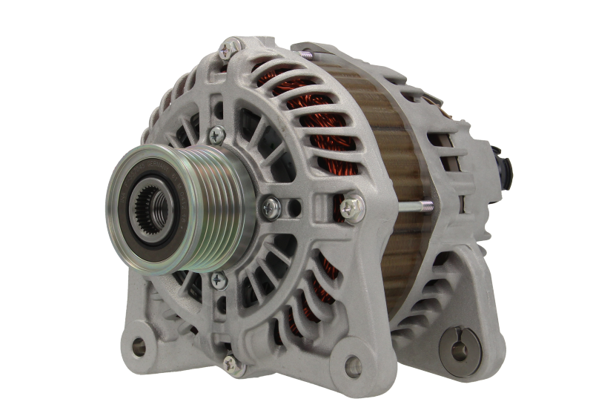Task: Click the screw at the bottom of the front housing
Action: (232, 363)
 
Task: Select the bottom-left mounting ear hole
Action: (138, 346)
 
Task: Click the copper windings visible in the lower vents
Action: (311, 297)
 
